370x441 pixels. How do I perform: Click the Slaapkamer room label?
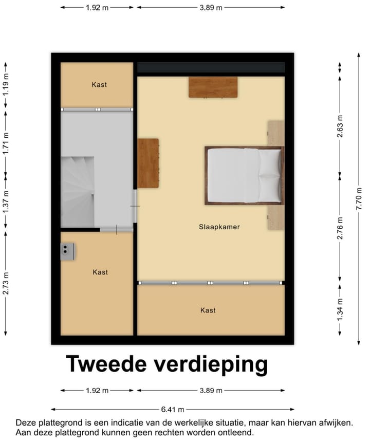[219, 227]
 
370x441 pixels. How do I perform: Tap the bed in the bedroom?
[244, 175]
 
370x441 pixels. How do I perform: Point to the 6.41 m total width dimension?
[173, 409]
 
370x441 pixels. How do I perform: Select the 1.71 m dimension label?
[6, 143]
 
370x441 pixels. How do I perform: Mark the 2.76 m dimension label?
[340, 228]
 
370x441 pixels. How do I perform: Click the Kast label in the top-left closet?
[99, 85]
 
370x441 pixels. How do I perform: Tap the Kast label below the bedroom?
[208, 310]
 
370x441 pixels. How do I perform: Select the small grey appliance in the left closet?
[67, 251]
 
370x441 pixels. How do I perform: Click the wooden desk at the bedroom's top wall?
[213, 87]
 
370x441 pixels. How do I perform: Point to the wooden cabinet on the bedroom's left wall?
[148, 163]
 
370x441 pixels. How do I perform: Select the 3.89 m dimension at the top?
[211, 8]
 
